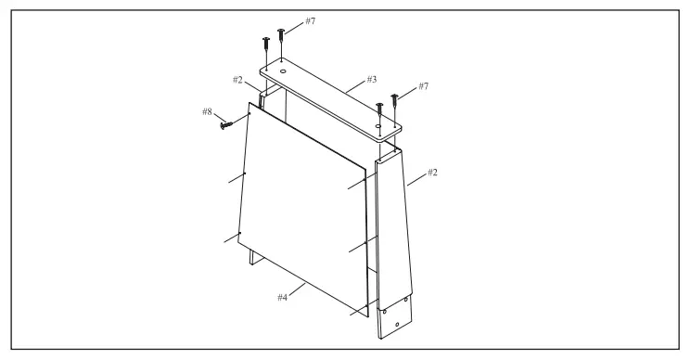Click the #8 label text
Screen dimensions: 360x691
point(208,112)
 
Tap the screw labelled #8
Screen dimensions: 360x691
point(225,123)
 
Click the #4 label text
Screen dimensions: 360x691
point(284,298)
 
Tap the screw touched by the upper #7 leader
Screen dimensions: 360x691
point(281,38)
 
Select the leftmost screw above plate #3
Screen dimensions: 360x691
point(264,45)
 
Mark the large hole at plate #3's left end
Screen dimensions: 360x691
point(280,70)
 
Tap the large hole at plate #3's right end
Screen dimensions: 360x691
point(378,123)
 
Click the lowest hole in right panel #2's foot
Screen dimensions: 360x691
point(397,325)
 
